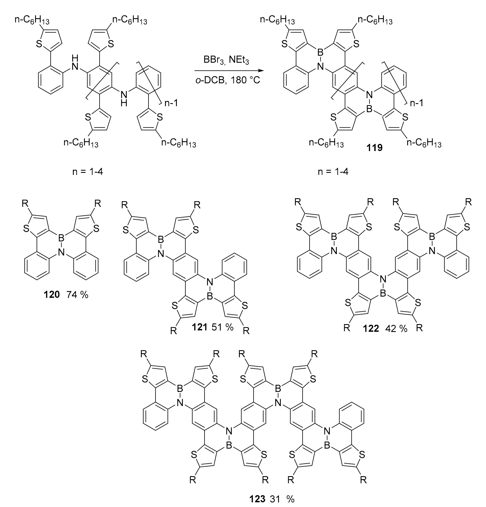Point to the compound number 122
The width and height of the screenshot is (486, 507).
click(x=371, y=329)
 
